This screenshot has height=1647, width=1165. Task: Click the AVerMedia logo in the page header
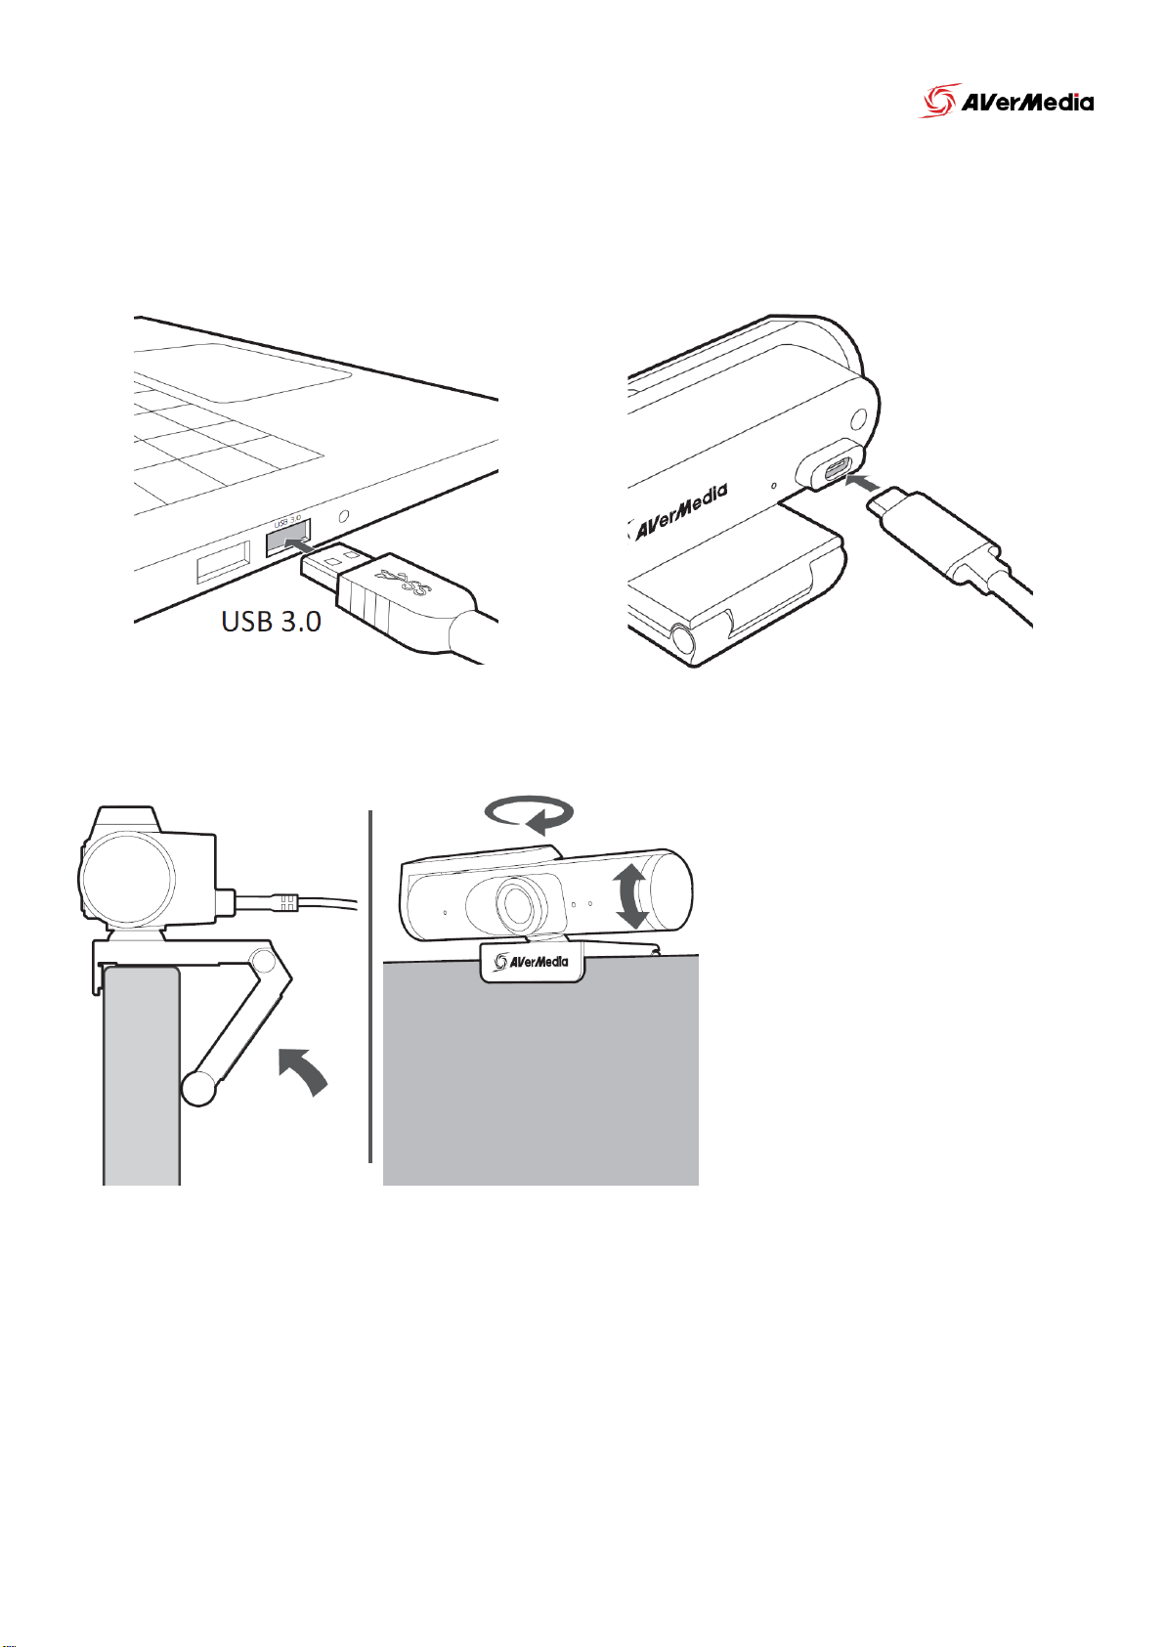[1006, 101]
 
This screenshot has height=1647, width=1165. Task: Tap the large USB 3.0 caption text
[272, 622]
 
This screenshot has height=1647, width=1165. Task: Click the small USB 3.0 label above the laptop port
[287, 520]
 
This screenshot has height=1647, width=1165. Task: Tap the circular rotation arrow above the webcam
[529, 813]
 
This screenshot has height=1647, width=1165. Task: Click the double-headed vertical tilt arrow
[631, 897]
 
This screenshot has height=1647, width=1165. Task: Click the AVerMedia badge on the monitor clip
[532, 962]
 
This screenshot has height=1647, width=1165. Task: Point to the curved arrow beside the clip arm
[304, 1072]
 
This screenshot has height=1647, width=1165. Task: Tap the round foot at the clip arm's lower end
[198, 1090]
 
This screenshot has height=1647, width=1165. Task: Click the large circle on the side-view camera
[127, 879]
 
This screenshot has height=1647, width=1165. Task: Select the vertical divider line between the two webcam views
[371, 986]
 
